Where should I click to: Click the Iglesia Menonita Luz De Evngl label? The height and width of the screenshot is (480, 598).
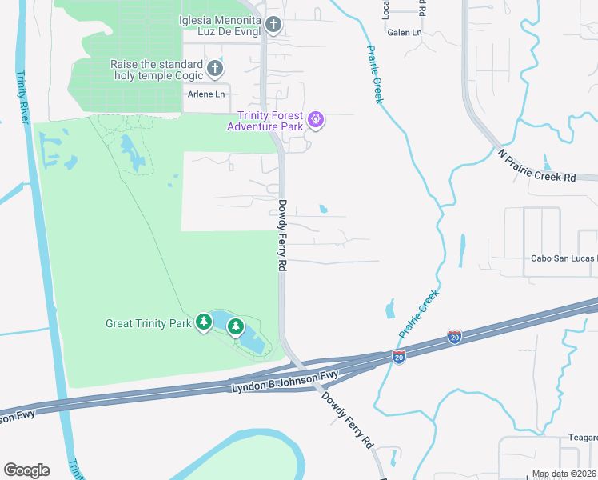221,26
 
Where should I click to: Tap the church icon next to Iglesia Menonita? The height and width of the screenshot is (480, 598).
273,26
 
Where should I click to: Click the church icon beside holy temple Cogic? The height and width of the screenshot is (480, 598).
214,70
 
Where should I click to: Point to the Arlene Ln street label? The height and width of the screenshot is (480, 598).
205,94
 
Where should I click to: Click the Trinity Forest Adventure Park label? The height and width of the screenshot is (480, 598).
265,121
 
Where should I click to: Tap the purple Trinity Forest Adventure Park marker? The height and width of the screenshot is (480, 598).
317,121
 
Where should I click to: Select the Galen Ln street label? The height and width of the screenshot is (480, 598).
404,33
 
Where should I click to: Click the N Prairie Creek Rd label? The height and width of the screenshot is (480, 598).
536,166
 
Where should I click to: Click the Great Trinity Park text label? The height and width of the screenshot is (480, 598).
149,323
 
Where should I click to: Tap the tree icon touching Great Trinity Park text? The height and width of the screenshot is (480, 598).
204,322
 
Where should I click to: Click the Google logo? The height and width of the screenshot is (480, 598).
26,470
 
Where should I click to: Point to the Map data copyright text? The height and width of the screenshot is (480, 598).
564,474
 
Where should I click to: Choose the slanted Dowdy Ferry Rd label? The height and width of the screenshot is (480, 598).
348,418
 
